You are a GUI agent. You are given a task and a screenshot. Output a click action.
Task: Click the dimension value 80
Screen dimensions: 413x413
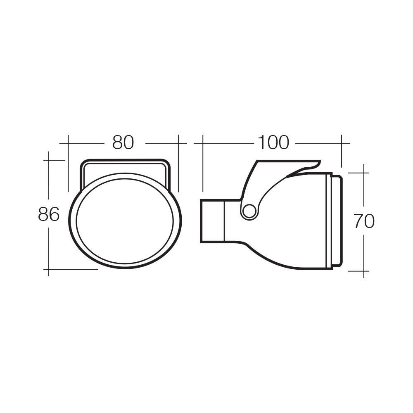[x=123, y=143]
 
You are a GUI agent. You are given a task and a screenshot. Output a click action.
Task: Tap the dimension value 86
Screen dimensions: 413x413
[x=49, y=215]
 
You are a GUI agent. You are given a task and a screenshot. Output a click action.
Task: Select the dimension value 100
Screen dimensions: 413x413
[x=273, y=143]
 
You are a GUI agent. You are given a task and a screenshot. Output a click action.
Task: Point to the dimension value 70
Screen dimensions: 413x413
[x=364, y=222]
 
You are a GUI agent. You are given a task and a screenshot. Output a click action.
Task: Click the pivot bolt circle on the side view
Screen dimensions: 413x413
[x=249, y=211]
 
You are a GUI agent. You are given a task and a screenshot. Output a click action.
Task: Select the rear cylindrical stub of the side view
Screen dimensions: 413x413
[x=212, y=221]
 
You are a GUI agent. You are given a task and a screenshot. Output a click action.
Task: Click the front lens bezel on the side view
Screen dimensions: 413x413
[x=336, y=221]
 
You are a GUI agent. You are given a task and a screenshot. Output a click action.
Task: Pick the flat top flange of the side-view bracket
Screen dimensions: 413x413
[x=289, y=161]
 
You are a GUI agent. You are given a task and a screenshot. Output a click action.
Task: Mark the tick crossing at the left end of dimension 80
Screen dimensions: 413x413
[x=68, y=143]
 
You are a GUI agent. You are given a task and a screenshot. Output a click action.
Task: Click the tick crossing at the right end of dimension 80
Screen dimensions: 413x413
[x=178, y=143]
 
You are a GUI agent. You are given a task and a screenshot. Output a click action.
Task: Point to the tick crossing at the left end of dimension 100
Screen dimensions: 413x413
[x=203, y=143]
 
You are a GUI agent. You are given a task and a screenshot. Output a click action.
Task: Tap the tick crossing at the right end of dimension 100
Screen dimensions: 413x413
[x=342, y=143]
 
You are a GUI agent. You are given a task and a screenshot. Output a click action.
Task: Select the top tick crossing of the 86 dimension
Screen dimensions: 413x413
[x=49, y=160]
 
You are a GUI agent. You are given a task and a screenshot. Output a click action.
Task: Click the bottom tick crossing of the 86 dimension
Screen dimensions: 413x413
[x=49, y=269]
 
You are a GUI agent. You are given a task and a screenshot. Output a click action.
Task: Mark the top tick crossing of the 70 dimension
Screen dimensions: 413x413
[x=363, y=173]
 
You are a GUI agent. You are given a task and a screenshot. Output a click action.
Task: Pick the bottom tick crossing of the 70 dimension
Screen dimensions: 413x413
[x=363, y=271]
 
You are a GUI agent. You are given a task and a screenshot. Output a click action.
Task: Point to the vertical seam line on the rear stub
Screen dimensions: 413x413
[x=224, y=221]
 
